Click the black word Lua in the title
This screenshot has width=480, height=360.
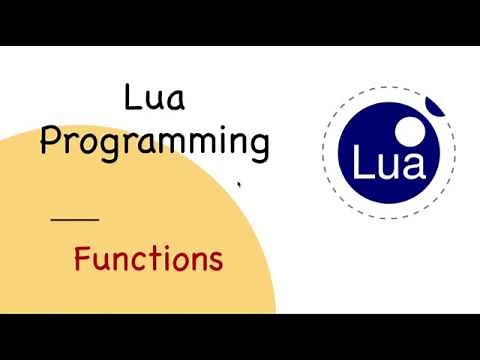154,100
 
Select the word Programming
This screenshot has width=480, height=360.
154,144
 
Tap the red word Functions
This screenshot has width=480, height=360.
148,260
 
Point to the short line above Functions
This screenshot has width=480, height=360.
75,218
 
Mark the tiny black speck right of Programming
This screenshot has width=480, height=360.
238,183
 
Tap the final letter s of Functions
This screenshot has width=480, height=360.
214,261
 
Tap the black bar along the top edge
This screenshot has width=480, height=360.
240,22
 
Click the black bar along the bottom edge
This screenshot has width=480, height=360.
240,337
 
